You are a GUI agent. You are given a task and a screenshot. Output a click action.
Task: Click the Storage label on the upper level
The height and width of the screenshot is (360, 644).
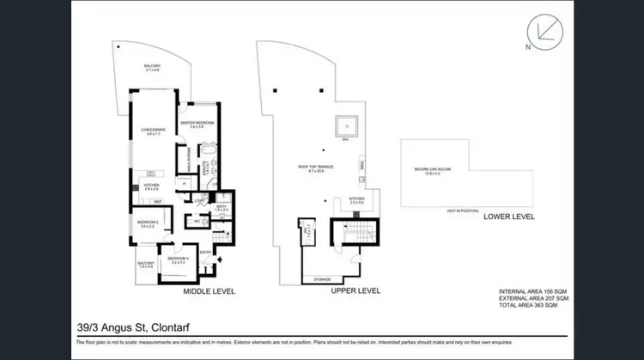322,279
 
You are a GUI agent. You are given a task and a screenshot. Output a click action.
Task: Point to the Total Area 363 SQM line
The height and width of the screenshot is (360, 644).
527,306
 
